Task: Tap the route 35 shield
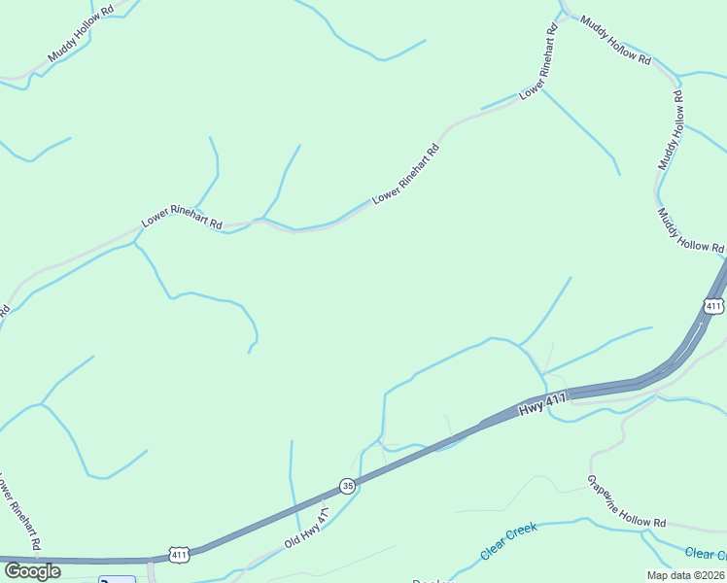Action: click(348, 485)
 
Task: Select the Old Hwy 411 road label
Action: click(308, 528)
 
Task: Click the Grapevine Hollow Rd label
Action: click(626, 502)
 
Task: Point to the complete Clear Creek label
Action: click(509, 541)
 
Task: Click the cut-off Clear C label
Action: click(705, 554)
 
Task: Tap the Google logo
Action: click(32, 571)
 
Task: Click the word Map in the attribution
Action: click(658, 574)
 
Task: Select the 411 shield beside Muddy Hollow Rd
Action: click(713, 307)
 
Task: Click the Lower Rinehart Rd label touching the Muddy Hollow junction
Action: click(539, 62)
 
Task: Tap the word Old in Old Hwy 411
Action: click(293, 540)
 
